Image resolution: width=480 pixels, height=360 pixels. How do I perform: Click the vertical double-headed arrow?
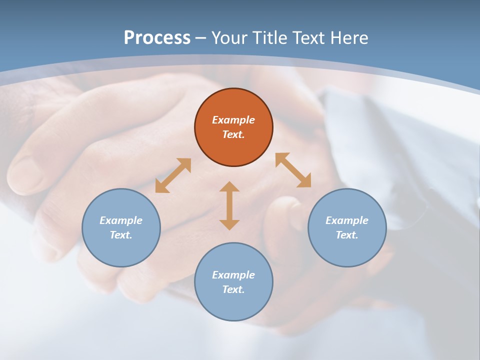tap(229, 206)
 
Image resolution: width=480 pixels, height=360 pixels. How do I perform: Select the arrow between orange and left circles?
tap(173, 175)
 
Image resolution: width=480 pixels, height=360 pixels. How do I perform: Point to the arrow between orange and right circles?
tap(293, 170)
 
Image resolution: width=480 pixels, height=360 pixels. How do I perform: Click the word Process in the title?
tap(157, 38)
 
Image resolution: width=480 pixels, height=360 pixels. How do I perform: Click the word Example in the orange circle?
tap(233, 120)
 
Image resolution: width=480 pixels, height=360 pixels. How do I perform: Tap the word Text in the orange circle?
tap(233, 134)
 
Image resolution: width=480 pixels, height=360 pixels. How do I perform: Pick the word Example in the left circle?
tap(121, 220)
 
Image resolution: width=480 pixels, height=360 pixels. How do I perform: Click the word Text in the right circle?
tap(347, 235)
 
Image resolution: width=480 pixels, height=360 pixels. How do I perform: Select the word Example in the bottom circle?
tap(233, 275)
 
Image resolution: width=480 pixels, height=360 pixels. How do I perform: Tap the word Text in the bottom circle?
tap(233, 289)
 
